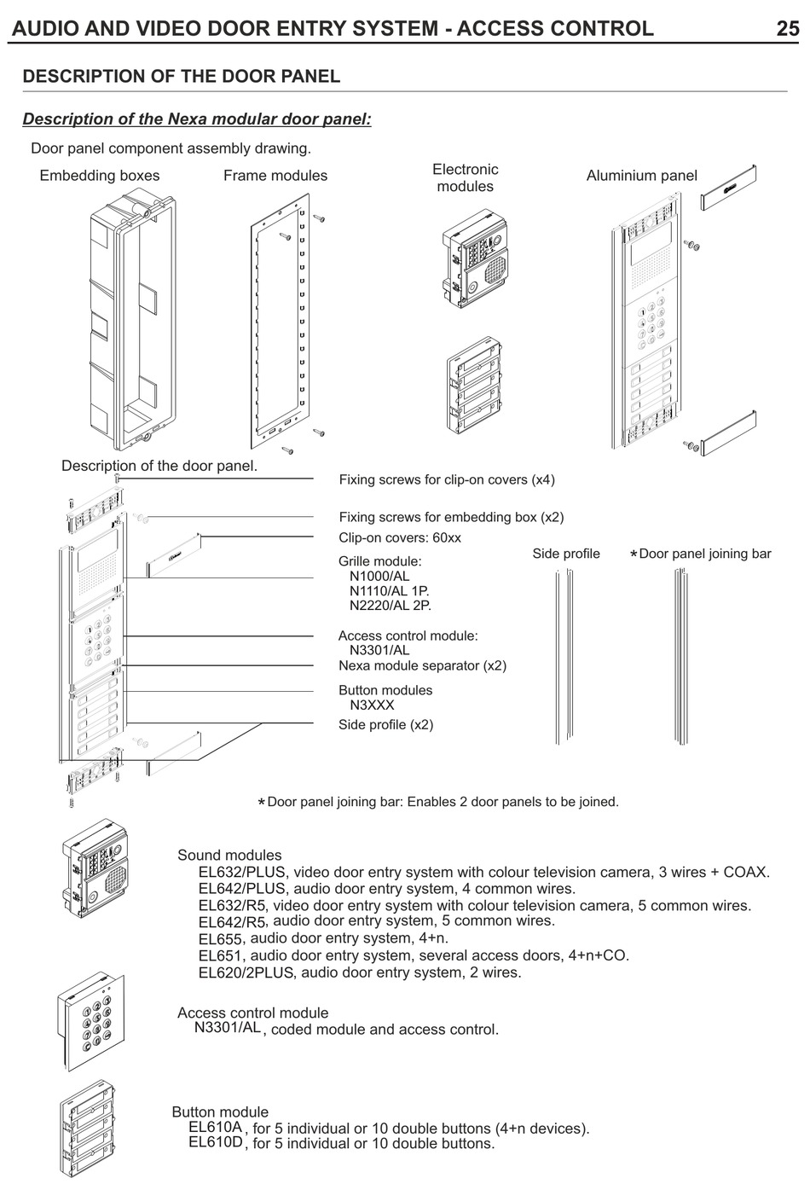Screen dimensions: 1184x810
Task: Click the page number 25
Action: tap(786, 28)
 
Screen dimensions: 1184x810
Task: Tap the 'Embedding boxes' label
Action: tap(100, 176)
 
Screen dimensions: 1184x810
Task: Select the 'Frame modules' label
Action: tap(275, 176)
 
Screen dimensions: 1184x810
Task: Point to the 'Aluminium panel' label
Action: tap(641, 176)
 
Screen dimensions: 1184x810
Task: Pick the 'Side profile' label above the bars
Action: tap(566, 554)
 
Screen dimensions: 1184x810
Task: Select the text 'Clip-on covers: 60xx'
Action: tap(400, 538)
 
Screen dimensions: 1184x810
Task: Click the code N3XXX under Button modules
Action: tap(372, 705)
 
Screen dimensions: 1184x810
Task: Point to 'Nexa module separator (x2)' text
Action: tap(422, 665)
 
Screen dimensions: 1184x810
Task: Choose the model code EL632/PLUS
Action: tap(242, 872)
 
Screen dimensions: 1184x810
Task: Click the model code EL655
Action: tap(220, 939)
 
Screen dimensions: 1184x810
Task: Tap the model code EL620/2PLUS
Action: tap(246, 972)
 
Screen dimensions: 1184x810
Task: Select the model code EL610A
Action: tap(215, 1127)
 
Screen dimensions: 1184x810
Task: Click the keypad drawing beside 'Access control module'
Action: tap(95, 1020)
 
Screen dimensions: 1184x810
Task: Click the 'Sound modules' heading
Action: tap(229, 855)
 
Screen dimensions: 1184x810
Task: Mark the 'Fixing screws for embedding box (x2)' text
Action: tap(451, 517)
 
